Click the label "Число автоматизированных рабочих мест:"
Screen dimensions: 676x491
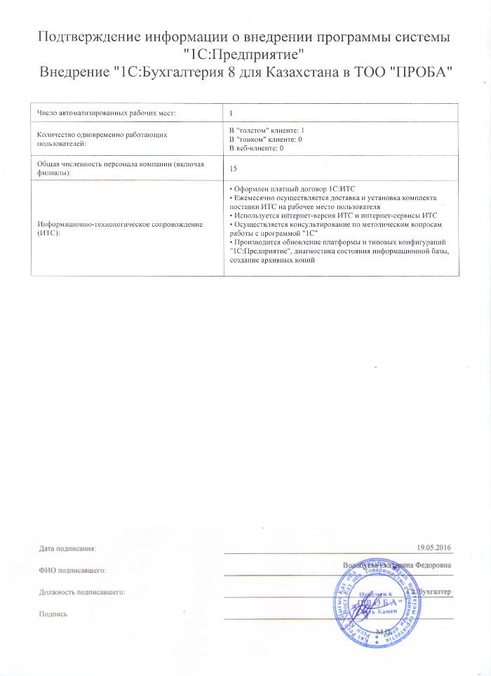click(x=105, y=112)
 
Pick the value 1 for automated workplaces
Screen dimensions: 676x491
click(x=232, y=112)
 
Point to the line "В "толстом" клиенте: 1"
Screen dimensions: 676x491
click(x=267, y=131)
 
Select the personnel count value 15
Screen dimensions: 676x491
click(x=234, y=168)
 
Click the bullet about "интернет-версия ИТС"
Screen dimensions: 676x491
click(x=333, y=216)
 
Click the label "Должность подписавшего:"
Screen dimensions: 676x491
click(x=82, y=592)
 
